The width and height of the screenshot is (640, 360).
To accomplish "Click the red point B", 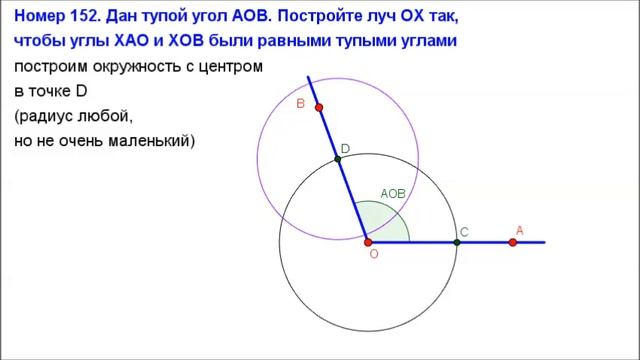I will (x=319, y=107).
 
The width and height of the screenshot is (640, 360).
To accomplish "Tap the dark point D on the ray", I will (x=338, y=159).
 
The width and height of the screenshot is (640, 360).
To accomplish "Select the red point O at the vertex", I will (x=368, y=242).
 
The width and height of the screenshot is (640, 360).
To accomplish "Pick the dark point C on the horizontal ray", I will (x=456, y=242).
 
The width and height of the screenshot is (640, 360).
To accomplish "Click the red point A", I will (x=513, y=242).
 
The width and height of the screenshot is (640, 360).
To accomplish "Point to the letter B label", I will (x=300, y=103).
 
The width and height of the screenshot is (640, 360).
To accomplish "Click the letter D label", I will (x=345, y=149).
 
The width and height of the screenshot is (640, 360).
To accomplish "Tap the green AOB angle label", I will (x=392, y=193).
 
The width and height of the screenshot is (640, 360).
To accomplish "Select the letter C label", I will (x=465, y=232).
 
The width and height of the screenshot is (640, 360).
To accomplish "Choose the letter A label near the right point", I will (x=520, y=230).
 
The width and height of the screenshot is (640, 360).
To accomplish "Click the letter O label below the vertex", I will (x=373, y=256).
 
